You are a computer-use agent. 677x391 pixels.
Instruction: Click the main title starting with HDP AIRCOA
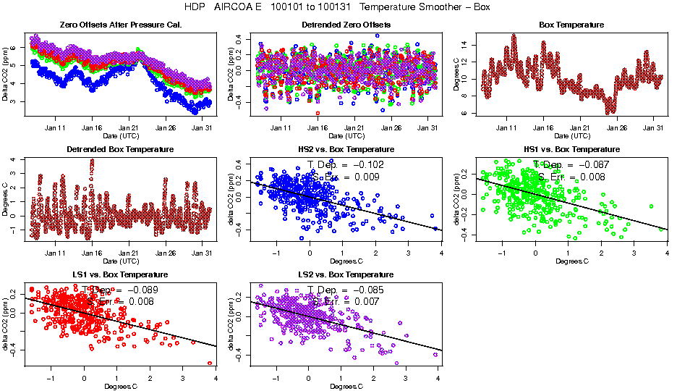pyautogui.click(x=338, y=7)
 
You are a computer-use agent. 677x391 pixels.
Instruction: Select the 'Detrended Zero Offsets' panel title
pyautogui.click(x=346, y=25)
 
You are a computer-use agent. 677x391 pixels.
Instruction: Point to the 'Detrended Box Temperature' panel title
pyautogui.click(x=120, y=150)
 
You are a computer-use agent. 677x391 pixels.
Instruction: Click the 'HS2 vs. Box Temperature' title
pyautogui.click(x=346, y=150)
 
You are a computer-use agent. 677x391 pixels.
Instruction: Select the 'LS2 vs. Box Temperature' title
pyautogui.click(x=346, y=275)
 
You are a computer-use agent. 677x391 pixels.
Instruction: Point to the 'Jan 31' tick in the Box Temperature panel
pyautogui.click(x=653, y=128)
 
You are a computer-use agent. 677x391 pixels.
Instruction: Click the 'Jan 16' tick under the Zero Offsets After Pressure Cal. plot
pyautogui.click(x=92, y=128)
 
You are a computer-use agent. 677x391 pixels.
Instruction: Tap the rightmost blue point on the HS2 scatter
pyautogui.click(x=435, y=228)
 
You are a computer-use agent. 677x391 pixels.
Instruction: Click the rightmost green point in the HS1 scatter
pyautogui.click(x=661, y=229)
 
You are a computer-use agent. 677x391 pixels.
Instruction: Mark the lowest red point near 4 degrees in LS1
pyautogui.click(x=210, y=363)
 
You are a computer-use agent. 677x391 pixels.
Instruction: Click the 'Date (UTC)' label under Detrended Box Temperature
pyautogui.click(x=120, y=261)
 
